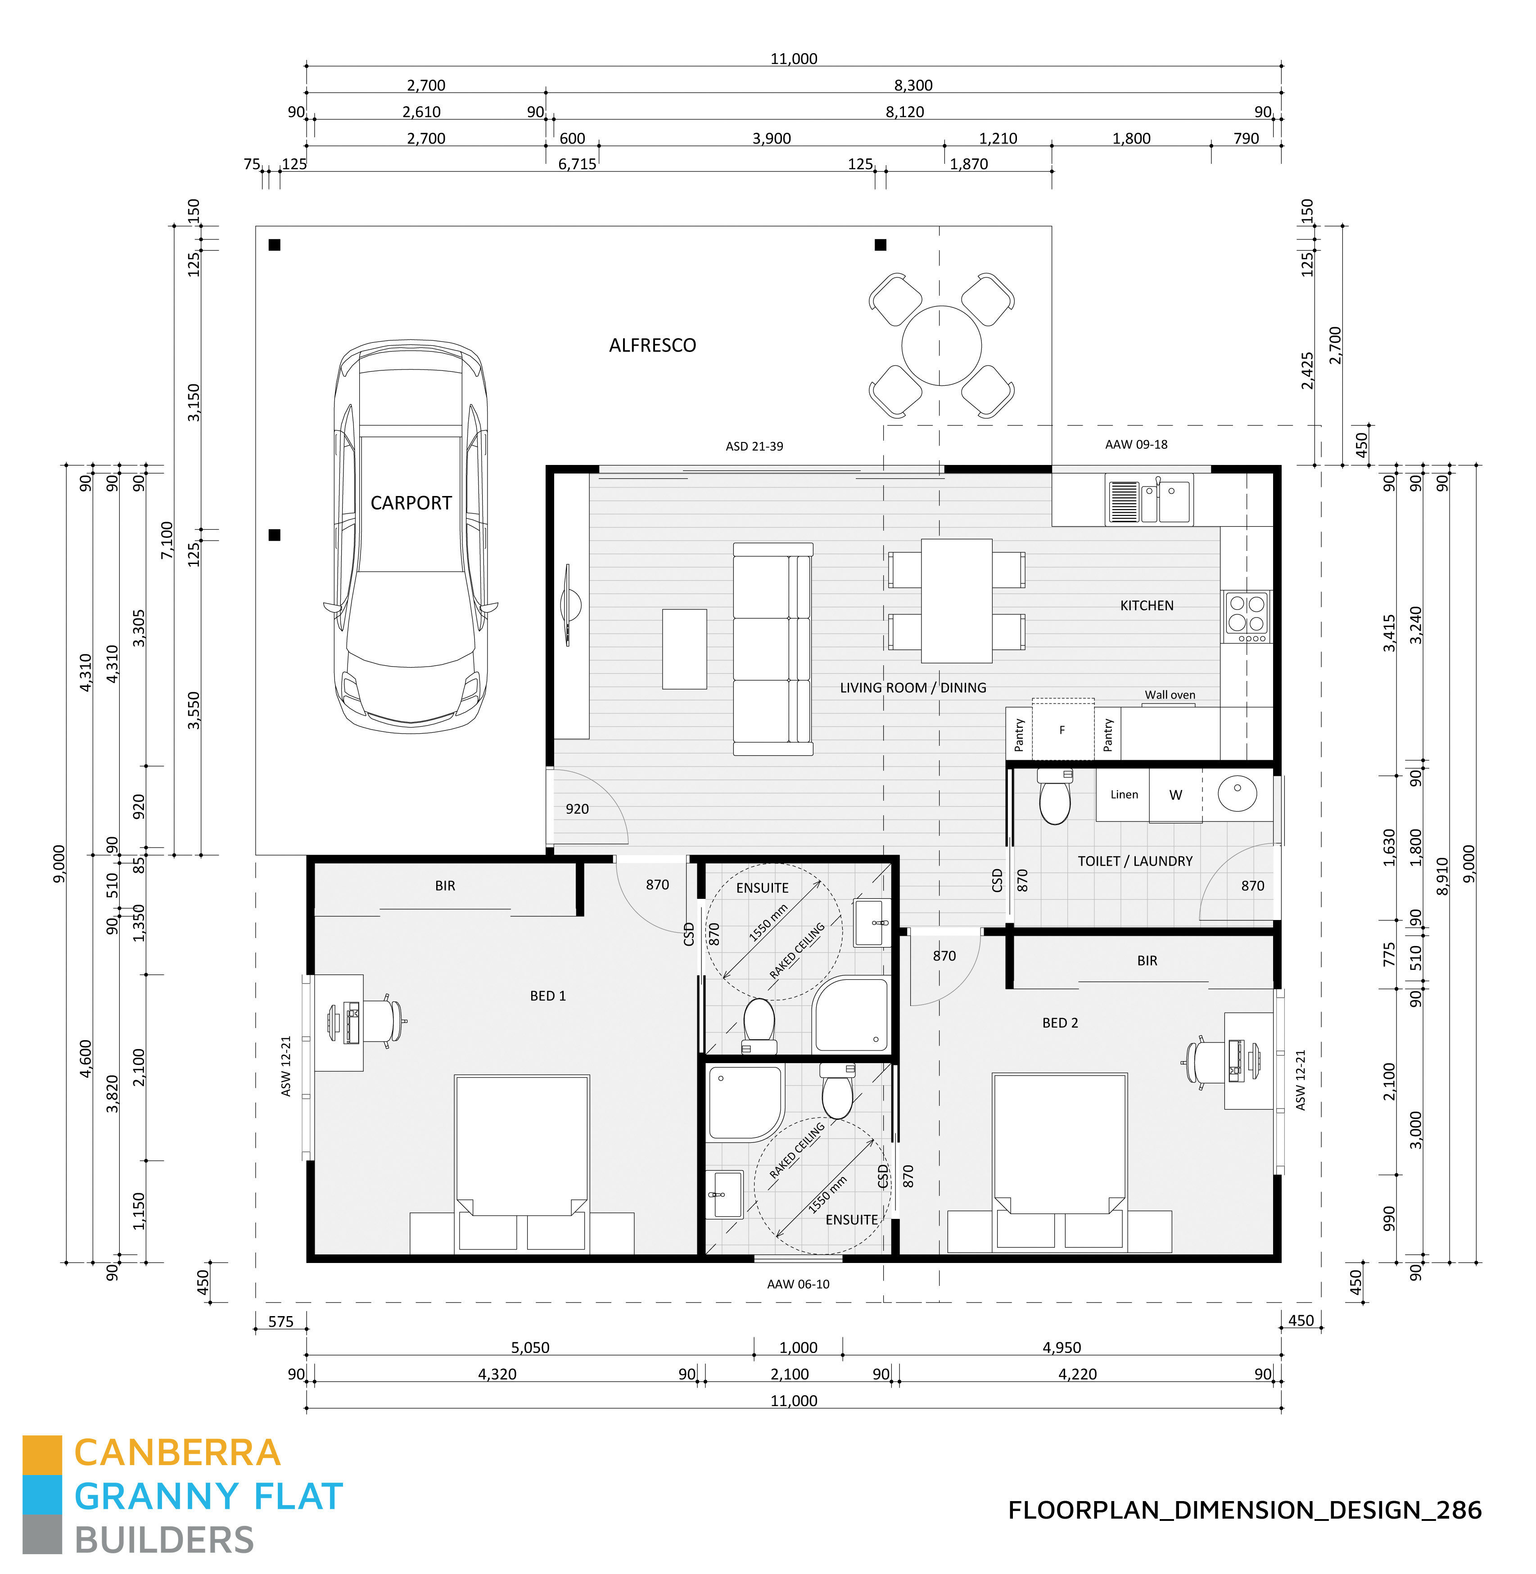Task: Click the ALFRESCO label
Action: (x=652, y=345)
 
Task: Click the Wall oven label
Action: (x=1169, y=695)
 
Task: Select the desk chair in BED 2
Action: (x=1202, y=1059)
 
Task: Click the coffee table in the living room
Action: (x=684, y=649)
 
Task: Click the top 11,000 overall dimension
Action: (x=793, y=59)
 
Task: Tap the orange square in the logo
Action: (x=42, y=1453)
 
